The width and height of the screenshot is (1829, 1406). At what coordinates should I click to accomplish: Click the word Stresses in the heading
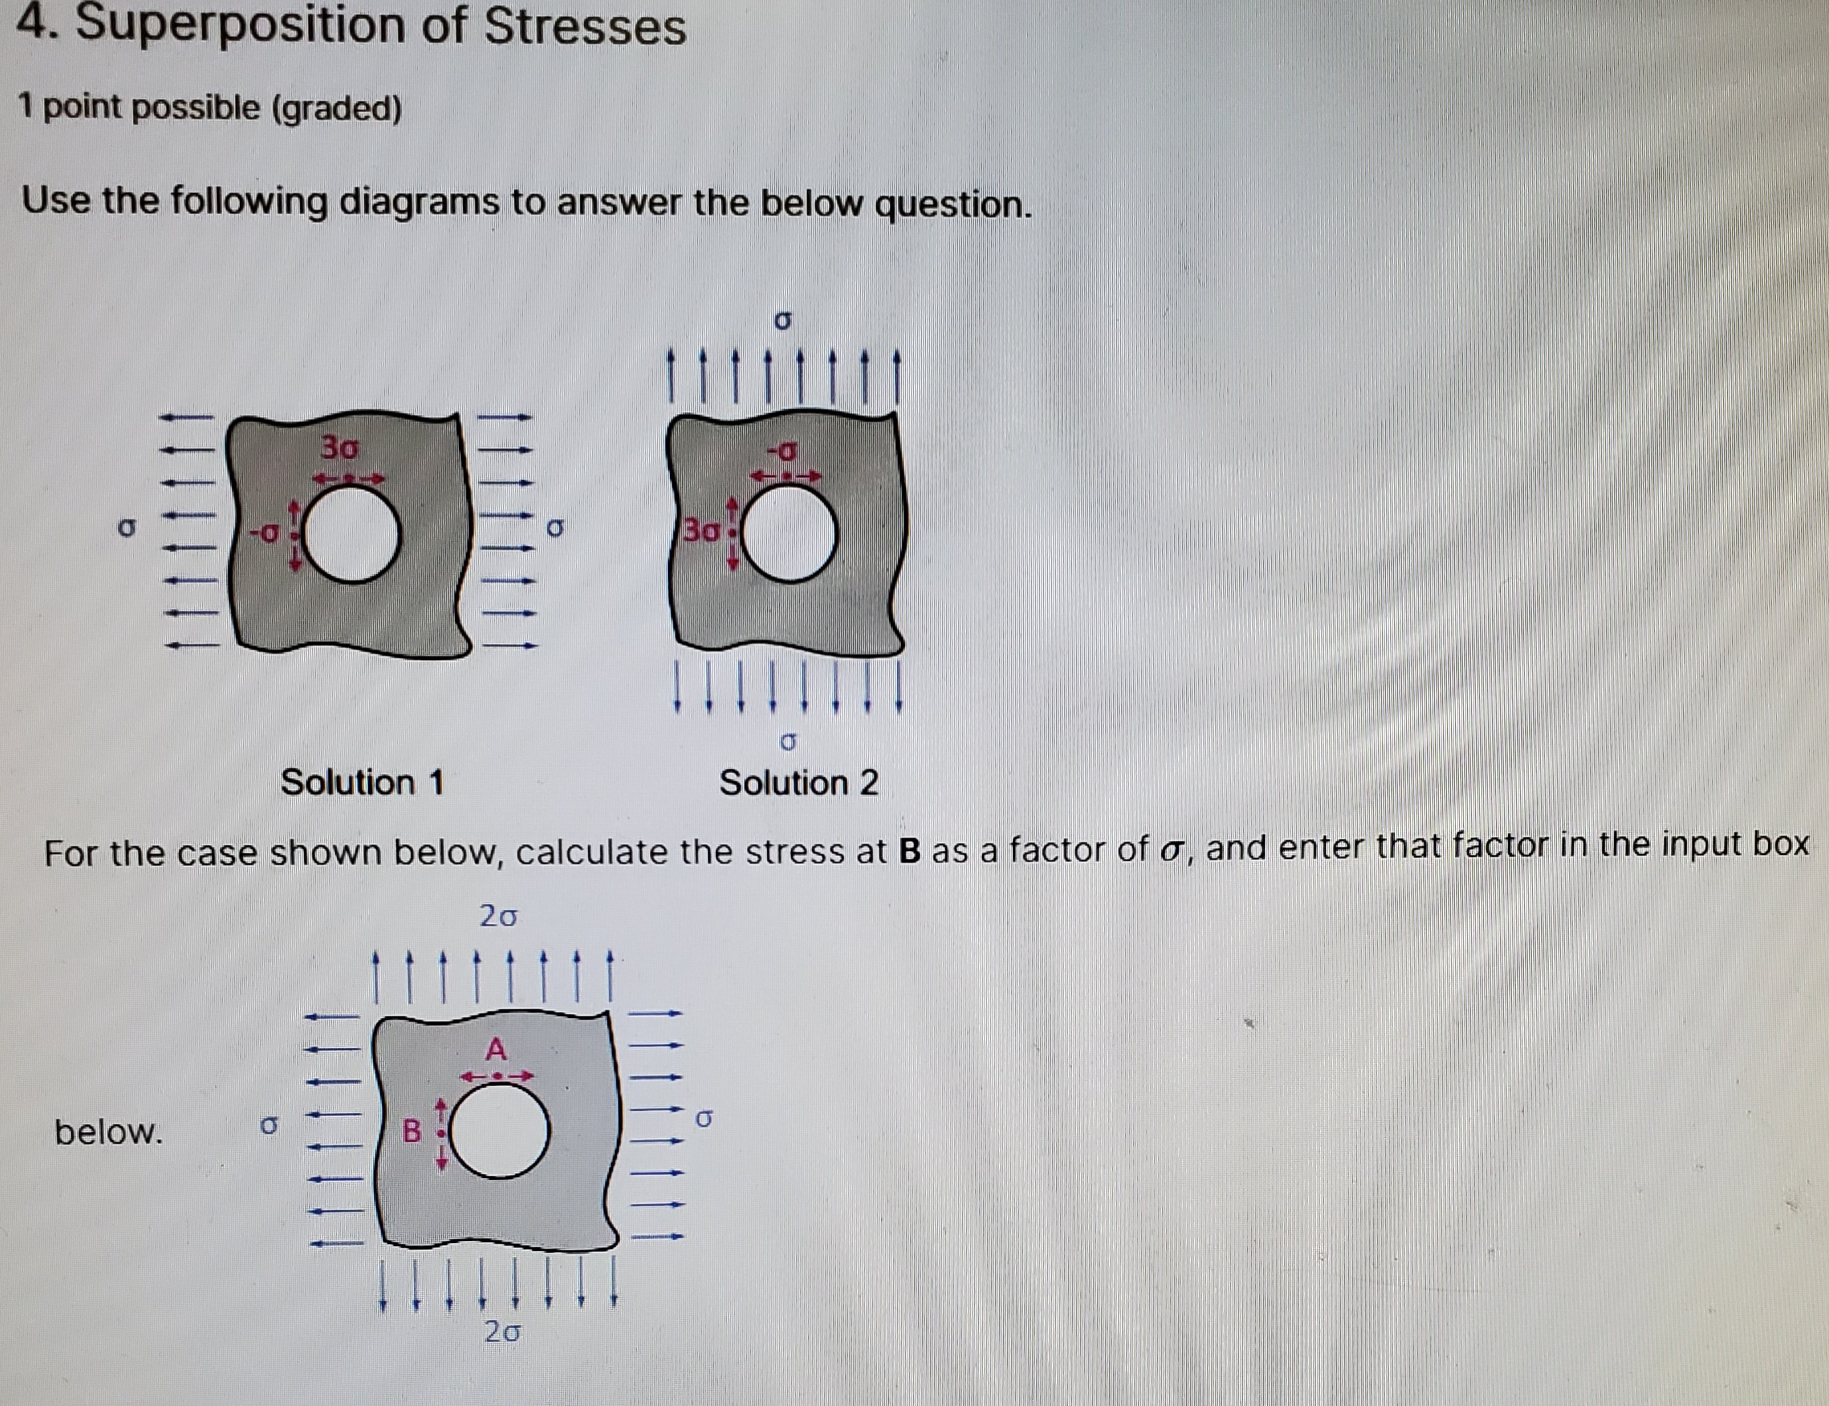[585, 27]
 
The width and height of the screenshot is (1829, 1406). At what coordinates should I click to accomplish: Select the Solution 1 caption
[362, 783]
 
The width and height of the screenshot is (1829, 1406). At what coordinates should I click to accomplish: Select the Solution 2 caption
[799, 783]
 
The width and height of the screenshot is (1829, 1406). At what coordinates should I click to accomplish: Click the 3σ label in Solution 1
[341, 448]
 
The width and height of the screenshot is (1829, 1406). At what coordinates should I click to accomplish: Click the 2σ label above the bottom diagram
[498, 917]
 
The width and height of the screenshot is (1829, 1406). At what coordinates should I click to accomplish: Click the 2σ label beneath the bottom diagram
[502, 1332]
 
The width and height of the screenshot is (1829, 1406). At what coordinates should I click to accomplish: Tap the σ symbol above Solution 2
[783, 322]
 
